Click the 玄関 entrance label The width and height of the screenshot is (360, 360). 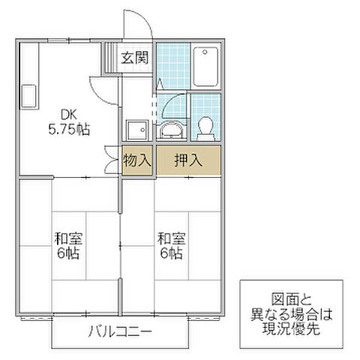click(136, 57)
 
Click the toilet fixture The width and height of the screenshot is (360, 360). click(204, 127)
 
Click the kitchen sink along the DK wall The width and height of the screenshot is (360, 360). click(28, 96)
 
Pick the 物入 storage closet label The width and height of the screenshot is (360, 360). click(137, 159)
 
